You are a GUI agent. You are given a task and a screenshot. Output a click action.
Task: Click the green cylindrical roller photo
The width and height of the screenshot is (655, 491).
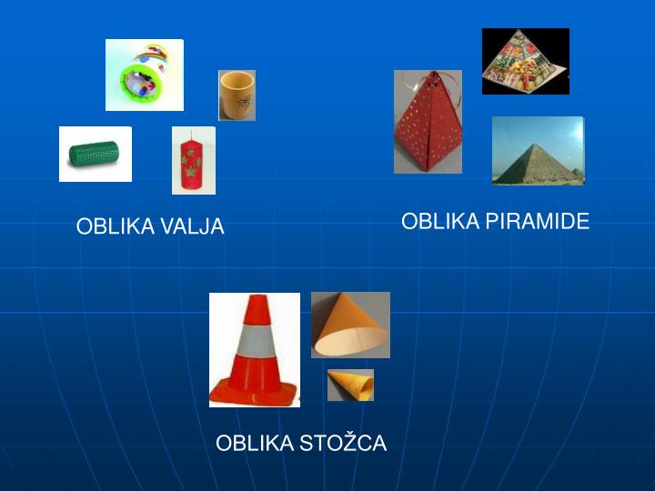pyautogui.click(x=95, y=155)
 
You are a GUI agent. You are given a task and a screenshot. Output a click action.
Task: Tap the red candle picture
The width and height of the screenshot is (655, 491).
pyautogui.click(x=194, y=161)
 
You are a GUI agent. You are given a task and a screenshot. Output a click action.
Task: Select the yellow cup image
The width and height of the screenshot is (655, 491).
pyautogui.click(x=237, y=95)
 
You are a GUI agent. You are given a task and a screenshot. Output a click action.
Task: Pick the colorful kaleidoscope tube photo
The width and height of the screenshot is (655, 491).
pyautogui.click(x=144, y=75)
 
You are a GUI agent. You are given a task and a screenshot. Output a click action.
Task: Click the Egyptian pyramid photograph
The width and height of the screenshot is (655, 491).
pyautogui.click(x=538, y=151)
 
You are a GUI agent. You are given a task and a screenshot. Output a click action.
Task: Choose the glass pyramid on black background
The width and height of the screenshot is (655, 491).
pyautogui.click(x=525, y=61)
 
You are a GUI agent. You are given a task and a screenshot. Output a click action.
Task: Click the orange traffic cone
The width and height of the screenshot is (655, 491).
pyautogui.click(x=255, y=350)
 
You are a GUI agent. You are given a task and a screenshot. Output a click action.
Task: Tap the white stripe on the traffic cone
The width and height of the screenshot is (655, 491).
pyautogui.click(x=256, y=342)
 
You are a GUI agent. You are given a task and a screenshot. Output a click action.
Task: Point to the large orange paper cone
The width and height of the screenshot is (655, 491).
pyautogui.click(x=350, y=325)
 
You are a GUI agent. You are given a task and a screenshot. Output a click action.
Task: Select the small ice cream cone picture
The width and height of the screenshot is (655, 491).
pyautogui.click(x=350, y=385)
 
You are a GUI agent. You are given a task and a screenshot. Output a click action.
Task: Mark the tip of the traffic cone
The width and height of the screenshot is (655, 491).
pyautogui.click(x=257, y=298)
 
